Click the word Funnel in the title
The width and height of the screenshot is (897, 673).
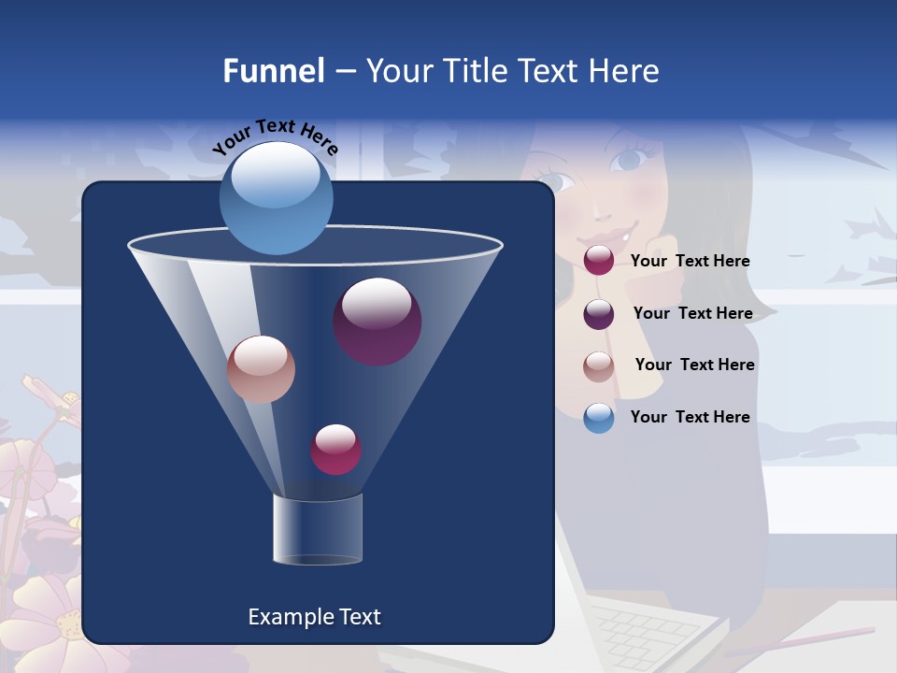(274, 71)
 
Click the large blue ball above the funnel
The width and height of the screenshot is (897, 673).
(276, 198)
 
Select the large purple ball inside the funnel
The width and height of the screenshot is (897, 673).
(377, 322)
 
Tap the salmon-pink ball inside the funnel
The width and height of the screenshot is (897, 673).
(261, 369)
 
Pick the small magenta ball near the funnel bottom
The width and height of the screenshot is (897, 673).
(335, 450)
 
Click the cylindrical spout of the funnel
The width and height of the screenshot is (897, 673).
(318, 529)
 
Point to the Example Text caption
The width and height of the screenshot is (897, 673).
(314, 617)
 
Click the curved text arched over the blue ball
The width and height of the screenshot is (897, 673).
(275, 136)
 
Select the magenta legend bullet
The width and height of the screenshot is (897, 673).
(599, 261)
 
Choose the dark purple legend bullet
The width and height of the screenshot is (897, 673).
(599, 314)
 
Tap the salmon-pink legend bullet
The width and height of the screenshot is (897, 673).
(599, 365)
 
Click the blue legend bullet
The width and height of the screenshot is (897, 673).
(599, 418)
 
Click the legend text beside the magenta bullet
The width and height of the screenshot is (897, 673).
(690, 261)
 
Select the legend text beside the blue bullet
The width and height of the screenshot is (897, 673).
(690, 417)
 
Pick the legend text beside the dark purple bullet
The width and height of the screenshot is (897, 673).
(692, 313)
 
